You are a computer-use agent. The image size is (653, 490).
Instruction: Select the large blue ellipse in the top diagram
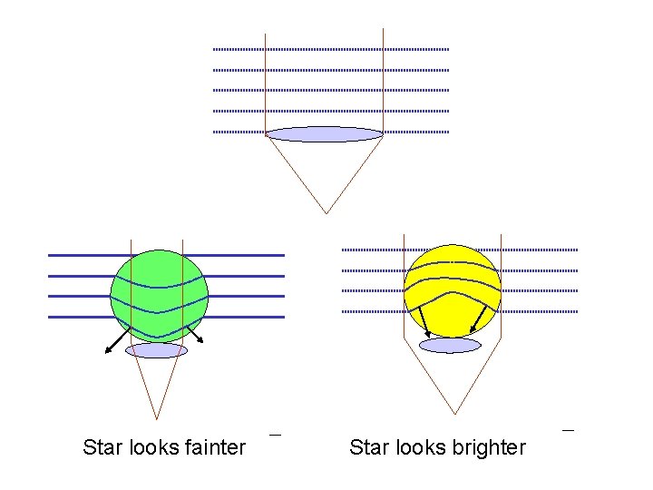point(325,134)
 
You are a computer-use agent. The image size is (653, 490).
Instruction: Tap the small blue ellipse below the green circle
point(156,350)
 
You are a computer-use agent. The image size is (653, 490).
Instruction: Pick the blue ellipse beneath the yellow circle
point(451,345)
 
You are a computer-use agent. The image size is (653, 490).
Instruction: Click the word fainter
point(214,447)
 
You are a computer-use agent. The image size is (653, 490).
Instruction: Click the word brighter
point(489,447)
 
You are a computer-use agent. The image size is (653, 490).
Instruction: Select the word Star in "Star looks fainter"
point(101,447)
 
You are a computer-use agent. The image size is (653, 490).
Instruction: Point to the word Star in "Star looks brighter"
point(367,447)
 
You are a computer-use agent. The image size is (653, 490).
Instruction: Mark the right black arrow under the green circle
point(193,333)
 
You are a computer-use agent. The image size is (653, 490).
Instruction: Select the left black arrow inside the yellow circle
point(422,321)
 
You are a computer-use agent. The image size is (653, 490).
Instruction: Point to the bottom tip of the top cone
point(326,213)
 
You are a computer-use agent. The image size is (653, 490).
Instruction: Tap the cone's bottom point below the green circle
point(157,419)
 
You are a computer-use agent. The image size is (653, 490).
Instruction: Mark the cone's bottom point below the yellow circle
point(452,415)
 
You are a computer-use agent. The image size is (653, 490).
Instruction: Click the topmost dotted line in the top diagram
point(331,49)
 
